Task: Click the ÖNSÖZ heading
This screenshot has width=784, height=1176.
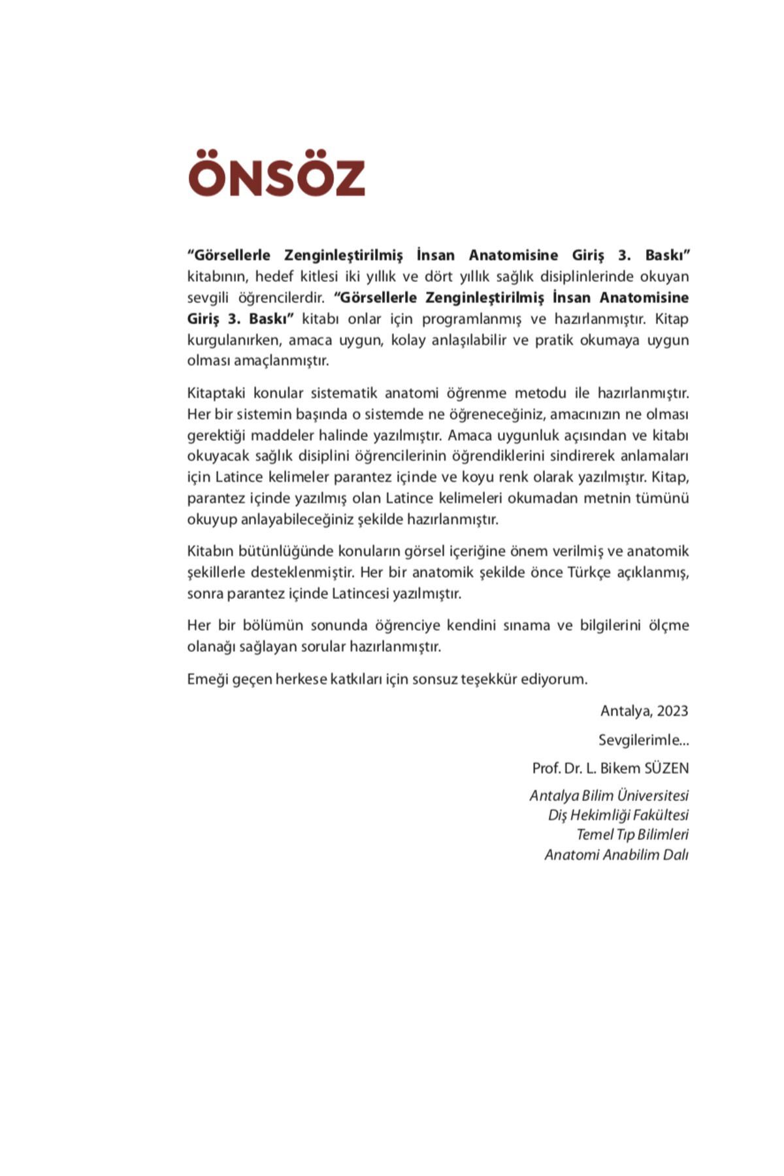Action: [x=276, y=174]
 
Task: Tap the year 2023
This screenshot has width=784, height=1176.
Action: [x=672, y=711]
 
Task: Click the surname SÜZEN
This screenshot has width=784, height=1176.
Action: [x=666, y=768]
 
